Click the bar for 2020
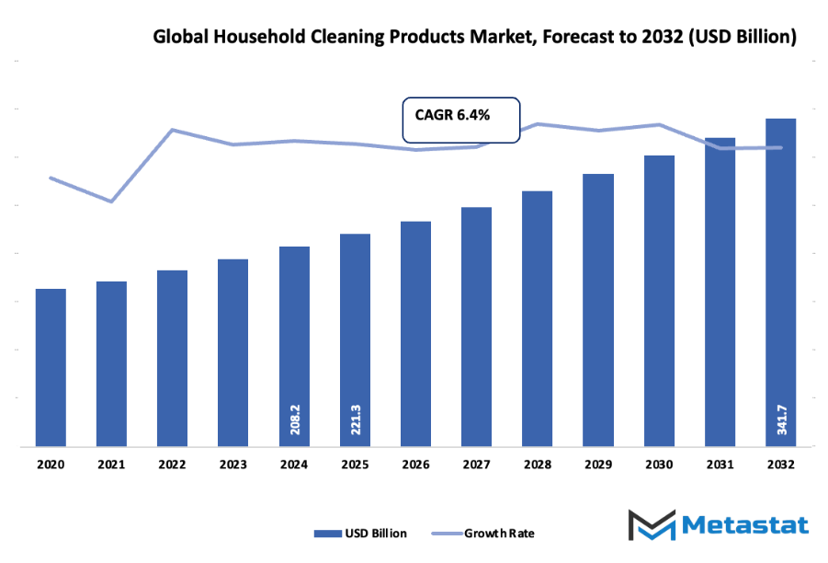coord(51,368)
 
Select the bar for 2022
coord(172,359)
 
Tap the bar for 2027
coord(476,327)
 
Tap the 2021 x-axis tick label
coord(111,465)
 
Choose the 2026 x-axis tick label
coord(415,465)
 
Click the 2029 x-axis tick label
coord(598,465)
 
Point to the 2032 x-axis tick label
coord(781,465)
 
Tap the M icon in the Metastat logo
coord(652,524)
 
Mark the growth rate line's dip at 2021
coord(111,201)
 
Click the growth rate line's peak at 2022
coord(172,130)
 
